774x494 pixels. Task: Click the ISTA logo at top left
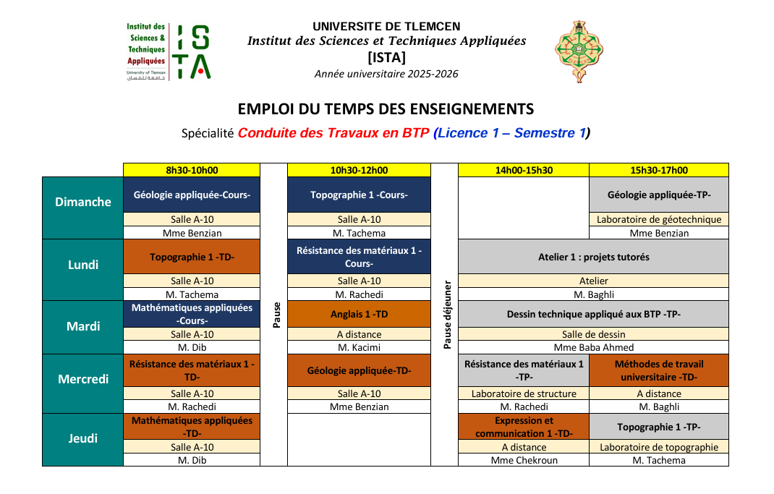click(169, 51)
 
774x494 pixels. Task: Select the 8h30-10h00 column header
click(192, 171)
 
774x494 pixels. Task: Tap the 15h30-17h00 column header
click(658, 171)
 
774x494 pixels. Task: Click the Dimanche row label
click(83, 202)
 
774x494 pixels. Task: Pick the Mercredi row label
click(83, 379)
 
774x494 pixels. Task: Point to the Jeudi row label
click(83, 438)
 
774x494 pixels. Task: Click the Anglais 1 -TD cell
click(359, 314)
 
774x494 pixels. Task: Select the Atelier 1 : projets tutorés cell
click(593, 257)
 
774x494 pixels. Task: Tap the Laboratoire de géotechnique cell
click(658, 219)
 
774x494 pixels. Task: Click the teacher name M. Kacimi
click(359, 348)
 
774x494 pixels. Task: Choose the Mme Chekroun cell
click(524, 460)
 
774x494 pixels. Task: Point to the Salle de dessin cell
click(593, 334)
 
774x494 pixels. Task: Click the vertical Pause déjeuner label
click(447, 315)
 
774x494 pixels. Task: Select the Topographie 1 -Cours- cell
click(359, 195)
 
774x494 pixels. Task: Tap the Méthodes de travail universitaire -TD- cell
click(658, 370)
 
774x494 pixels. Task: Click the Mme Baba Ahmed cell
click(593, 348)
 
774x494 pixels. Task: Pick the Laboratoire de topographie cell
click(658, 447)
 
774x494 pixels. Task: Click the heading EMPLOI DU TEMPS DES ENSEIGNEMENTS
click(386, 109)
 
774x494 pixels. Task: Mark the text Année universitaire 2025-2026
click(386, 74)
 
